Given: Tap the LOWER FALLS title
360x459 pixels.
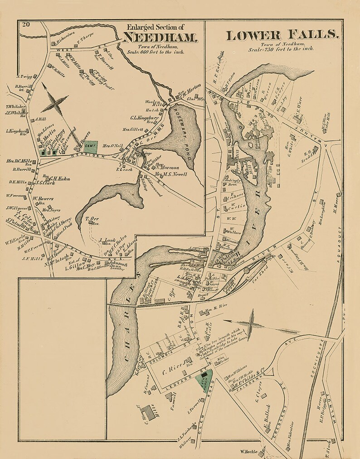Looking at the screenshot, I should [282, 35].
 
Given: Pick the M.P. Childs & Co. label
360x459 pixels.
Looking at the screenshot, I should [250, 372].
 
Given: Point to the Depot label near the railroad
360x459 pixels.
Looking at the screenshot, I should [203, 295].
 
